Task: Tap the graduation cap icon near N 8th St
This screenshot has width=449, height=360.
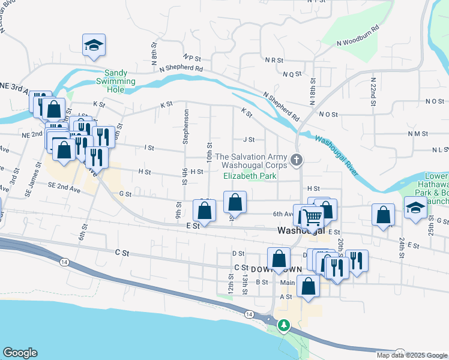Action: pyautogui.click(x=93, y=45)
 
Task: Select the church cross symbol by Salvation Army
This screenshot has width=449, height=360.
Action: pyautogui.click(x=295, y=160)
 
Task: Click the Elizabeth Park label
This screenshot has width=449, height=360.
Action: pyautogui.click(x=250, y=176)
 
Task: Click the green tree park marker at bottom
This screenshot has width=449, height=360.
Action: pyautogui.click(x=283, y=326)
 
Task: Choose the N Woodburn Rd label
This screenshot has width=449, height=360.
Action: pyautogui.click(x=358, y=35)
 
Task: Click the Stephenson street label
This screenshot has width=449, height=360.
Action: pyautogui.click(x=186, y=127)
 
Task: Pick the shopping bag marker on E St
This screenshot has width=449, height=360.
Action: pyautogui.click(x=205, y=211)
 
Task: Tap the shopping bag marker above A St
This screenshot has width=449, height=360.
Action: pyautogui.click(x=308, y=286)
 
